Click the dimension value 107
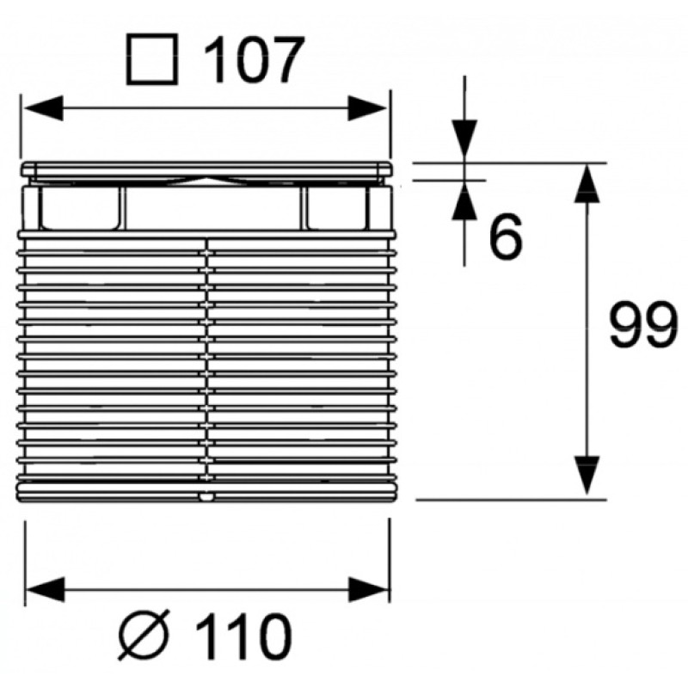(x=254, y=58)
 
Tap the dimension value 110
(x=243, y=636)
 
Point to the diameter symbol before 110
(x=144, y=635)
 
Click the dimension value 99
(x=642, y=325)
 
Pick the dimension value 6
(x=506, y=236)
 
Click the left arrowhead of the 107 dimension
(x=44, y=108)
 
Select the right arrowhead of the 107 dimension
(x=367, y=108)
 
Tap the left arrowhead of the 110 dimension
(x=46, y=589)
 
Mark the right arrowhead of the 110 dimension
(x=368, y=589)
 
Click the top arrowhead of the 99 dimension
(x=587, y=183)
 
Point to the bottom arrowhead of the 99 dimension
(x=587, y=476)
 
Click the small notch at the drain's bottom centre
(x=206, y=497)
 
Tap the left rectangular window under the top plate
(x=80, y=208)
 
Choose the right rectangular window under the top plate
(x=336, y=208)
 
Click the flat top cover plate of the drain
(x=206, y=169)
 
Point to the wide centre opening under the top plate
(x=212, y=208)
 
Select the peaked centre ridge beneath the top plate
(x=206, y=181)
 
